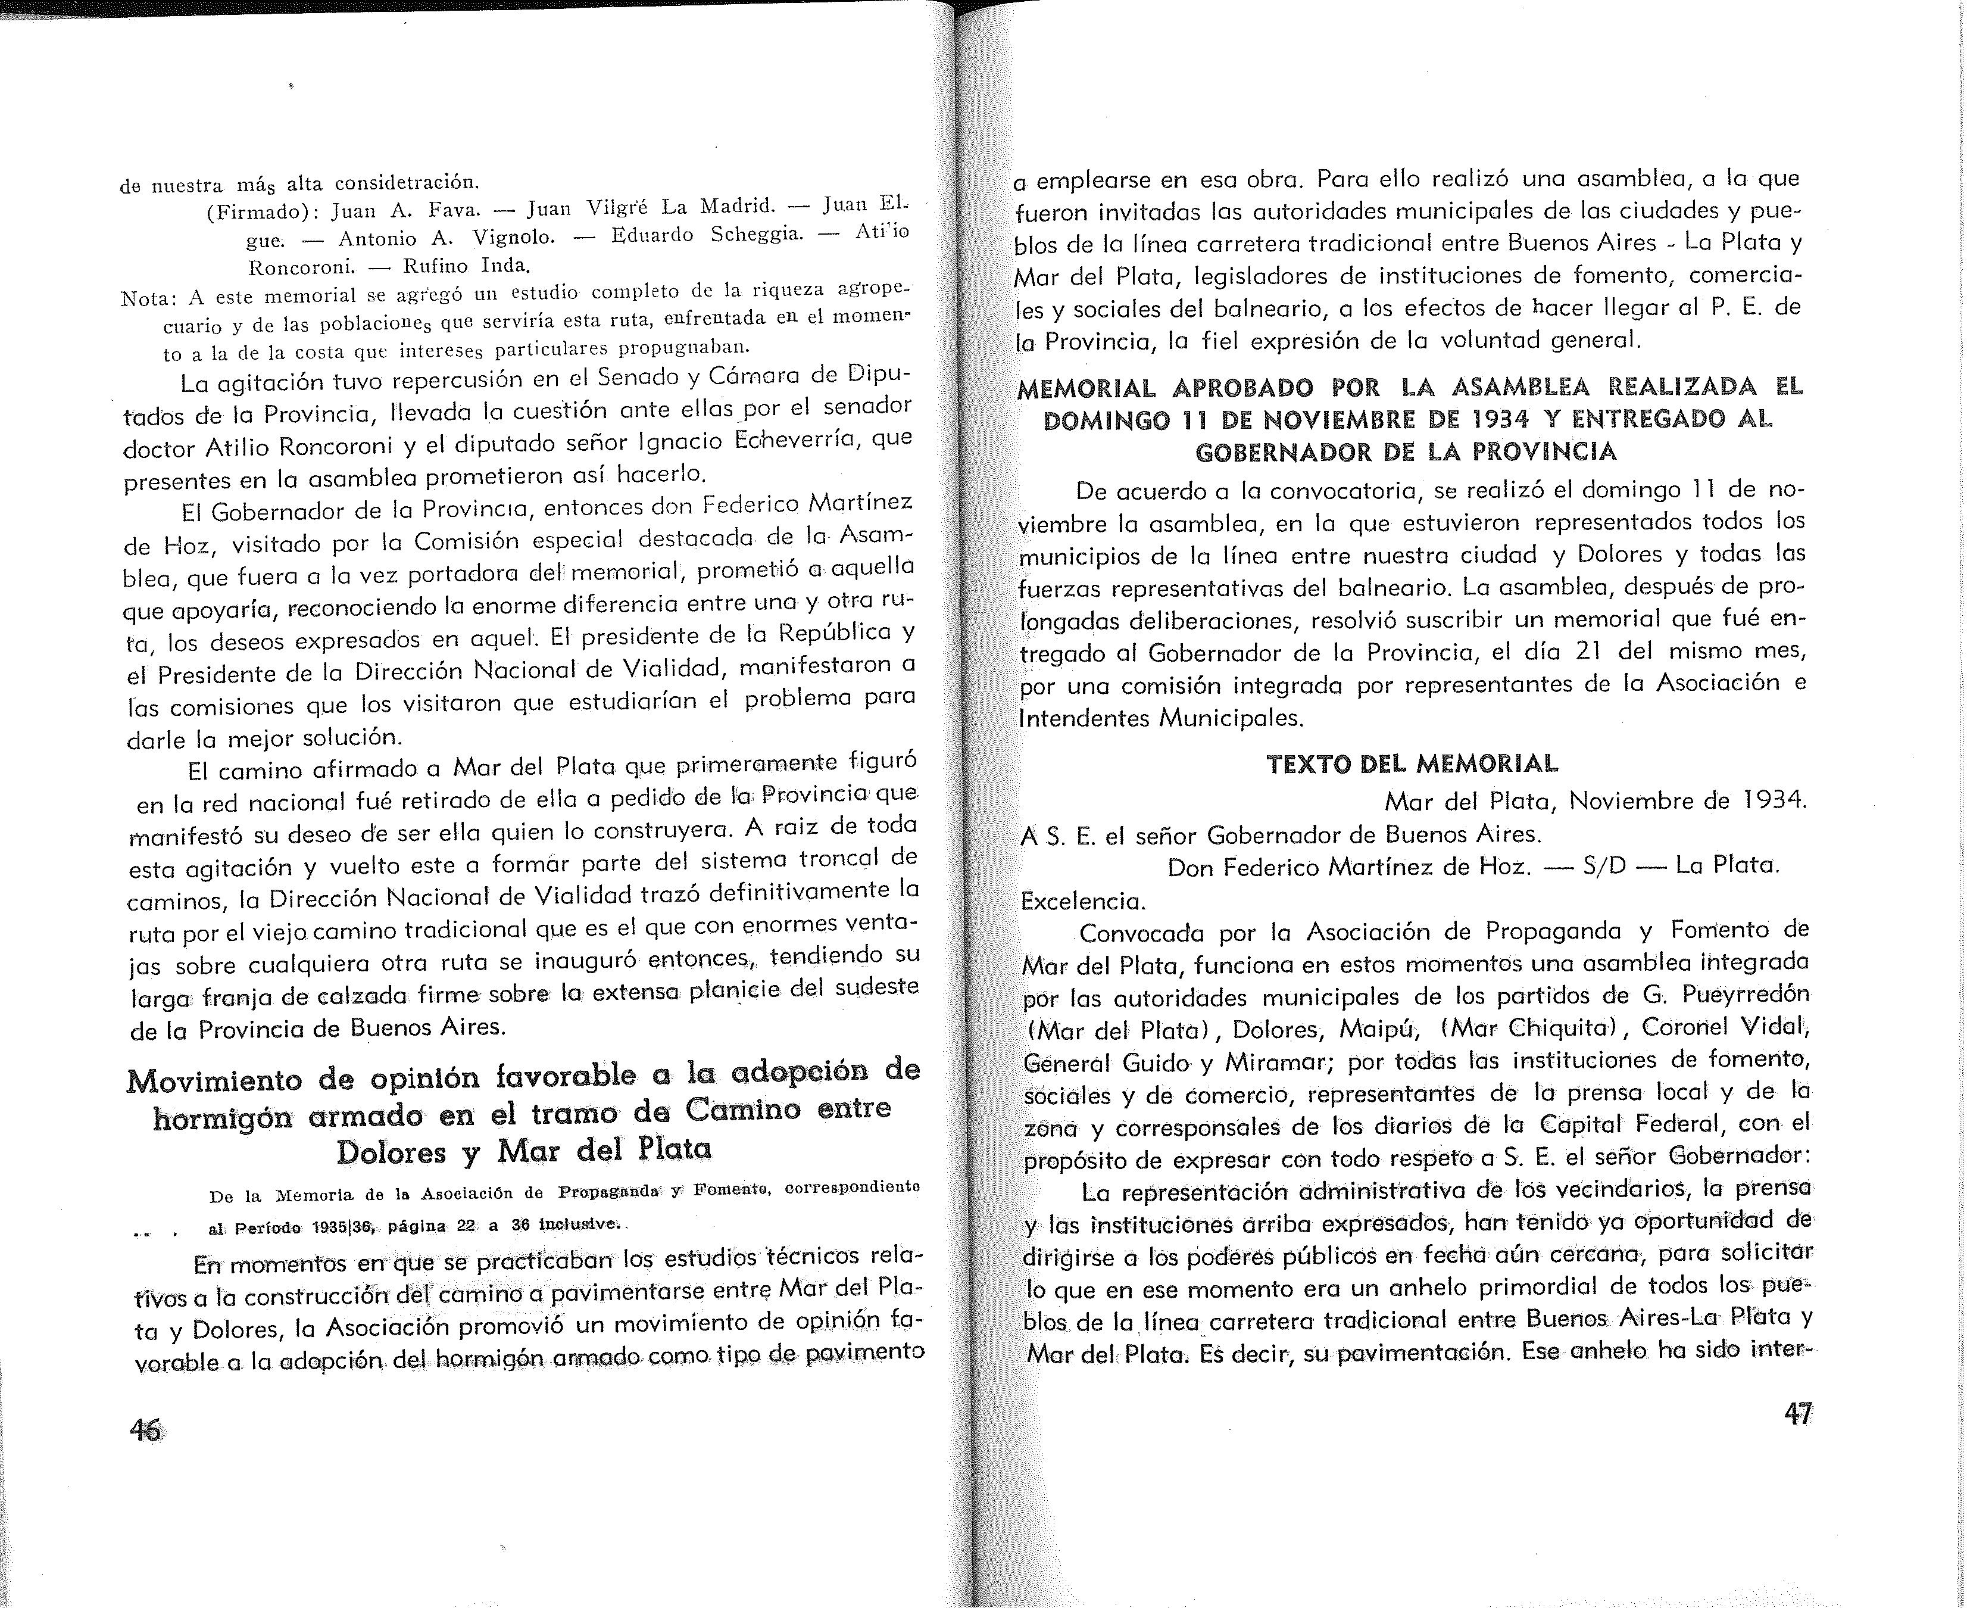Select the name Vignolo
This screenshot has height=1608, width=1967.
pyautogui.click(x=514, y=238)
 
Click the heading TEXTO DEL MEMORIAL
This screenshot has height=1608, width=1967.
pyautogui.click(x=1412, y=764)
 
